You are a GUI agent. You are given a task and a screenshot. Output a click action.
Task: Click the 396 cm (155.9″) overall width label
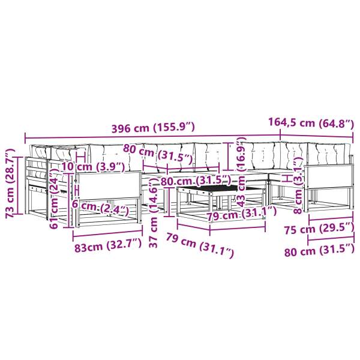tap(153, 127)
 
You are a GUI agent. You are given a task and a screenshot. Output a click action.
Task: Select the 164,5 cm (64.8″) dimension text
tap(311, 122)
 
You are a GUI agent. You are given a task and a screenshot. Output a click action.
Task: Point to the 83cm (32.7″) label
tap(108, 247)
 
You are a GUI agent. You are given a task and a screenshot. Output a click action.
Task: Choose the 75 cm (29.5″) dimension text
tap(319, 229)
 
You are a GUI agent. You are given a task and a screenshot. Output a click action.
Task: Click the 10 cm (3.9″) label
tap(93, 167)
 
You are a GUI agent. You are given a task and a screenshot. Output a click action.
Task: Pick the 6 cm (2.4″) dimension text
tap(100, 208)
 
